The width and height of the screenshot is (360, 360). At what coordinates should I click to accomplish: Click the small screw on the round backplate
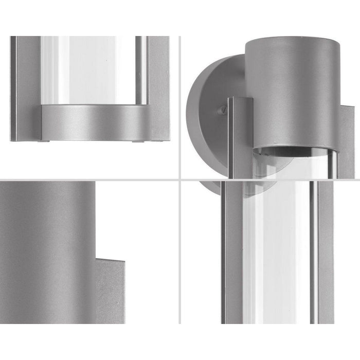coord(222,110)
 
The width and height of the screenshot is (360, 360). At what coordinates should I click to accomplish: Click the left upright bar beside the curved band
coord(25,87)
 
